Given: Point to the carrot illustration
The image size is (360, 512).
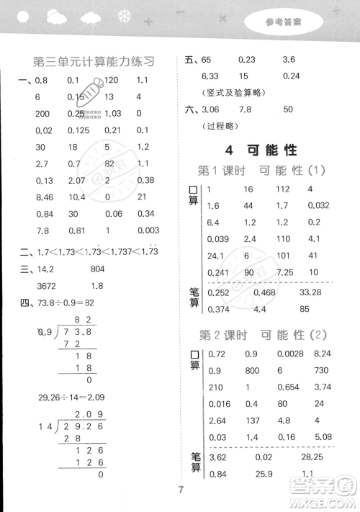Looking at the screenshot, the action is point(90,96).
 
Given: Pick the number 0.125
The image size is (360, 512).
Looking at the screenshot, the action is point(80,130).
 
